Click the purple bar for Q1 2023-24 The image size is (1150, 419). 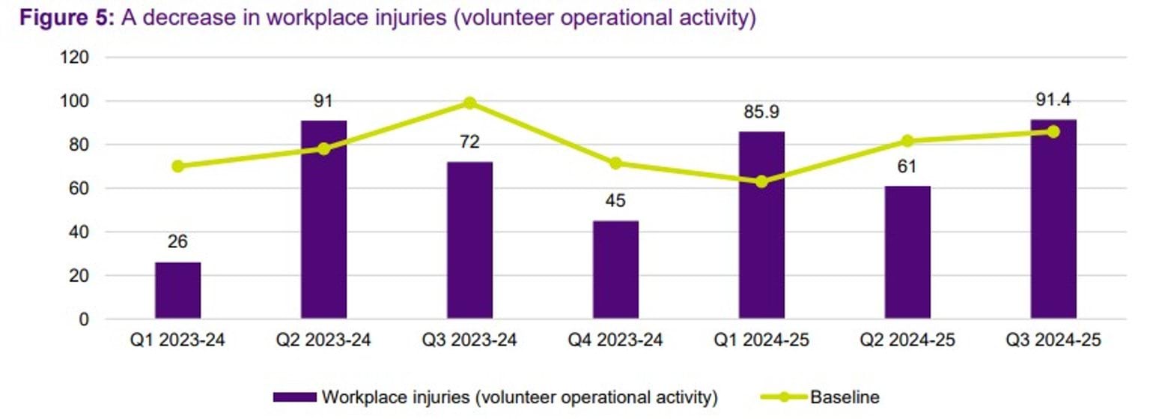point(177,290)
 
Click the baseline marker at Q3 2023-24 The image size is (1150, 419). point(469,103)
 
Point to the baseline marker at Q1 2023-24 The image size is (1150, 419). point(177,166)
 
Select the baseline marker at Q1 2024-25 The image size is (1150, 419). point(761,181)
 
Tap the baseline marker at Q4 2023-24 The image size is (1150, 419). point(615,163)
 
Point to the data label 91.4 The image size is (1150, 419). point(1053,100)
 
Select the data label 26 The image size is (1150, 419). point(177,242)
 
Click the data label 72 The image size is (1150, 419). point(469,142)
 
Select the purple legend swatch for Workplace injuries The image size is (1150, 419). point(296,397)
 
